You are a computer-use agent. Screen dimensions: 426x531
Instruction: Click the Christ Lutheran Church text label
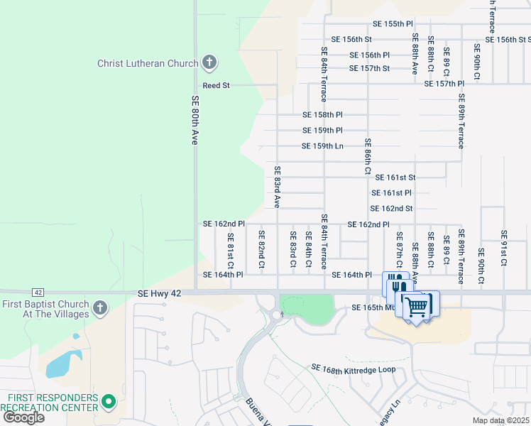point(148,63)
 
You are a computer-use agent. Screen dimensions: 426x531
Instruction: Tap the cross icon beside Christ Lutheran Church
point(209,63)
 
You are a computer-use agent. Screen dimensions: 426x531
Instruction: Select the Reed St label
point(216,85)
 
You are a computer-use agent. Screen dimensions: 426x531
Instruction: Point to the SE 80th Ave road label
point(194,121)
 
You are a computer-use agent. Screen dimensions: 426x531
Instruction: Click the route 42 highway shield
point(38,292)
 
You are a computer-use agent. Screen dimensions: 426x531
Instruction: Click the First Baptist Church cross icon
point(100,308)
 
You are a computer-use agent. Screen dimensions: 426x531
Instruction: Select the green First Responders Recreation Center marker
point(109,403)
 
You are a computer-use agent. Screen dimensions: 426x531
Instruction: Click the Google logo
point(23,417)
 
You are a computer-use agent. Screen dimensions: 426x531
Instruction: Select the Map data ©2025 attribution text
point(500,420)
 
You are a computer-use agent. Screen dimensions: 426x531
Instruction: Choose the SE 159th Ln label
point(322,146)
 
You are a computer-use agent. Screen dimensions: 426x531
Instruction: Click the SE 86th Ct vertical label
point(368,156)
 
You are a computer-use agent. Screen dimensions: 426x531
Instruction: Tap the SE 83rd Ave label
point(278,187)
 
